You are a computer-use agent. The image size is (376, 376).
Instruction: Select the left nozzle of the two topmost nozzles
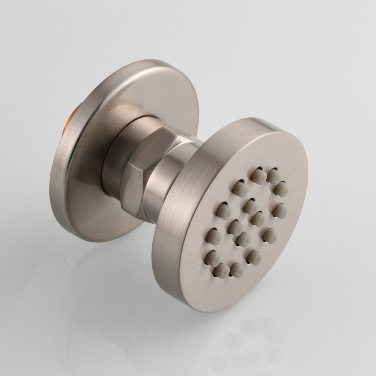click(x=259, y=176)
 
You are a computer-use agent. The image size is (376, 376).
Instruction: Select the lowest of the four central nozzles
click(x=243, y=239)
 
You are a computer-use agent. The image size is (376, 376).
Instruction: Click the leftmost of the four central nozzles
click(x=235, y=227)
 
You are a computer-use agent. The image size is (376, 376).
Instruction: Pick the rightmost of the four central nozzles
click(x=258, y=218)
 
